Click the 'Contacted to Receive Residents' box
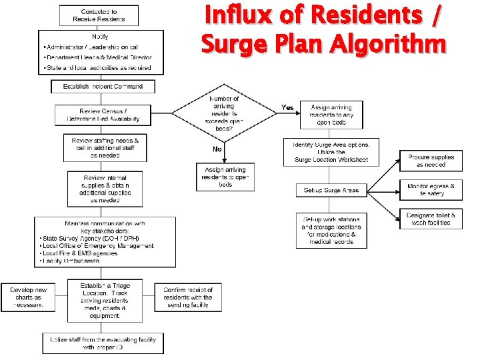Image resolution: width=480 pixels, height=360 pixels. (x=99, y=15)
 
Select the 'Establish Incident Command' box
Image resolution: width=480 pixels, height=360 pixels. (x=103, y=87)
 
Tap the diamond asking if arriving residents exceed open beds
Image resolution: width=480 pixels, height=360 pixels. (x=224, y=111)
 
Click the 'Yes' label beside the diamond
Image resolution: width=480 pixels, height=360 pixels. (x=287, y=107)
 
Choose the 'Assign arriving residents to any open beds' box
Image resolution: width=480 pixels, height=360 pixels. (x=331, y=115)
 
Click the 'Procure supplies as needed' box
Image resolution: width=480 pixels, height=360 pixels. (x=431, y=161)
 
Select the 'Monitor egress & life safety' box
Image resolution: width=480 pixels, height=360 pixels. (x=431, y=190)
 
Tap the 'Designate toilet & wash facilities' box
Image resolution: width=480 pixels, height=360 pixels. (x=431, y=219)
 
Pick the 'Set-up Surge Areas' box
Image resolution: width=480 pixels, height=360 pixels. (x=331, y=191)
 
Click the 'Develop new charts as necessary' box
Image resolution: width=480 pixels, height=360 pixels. (x=27, y=297)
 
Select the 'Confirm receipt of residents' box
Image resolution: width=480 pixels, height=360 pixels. (x=188, y=297)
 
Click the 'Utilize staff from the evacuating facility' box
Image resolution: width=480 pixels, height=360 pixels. (x=103, y=343)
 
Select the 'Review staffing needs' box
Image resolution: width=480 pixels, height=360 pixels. (x=105, y=148)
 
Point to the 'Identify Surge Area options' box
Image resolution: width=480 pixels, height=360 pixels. (x=331, y=152)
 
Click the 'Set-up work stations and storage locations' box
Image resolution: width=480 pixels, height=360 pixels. (x=331, y=230)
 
